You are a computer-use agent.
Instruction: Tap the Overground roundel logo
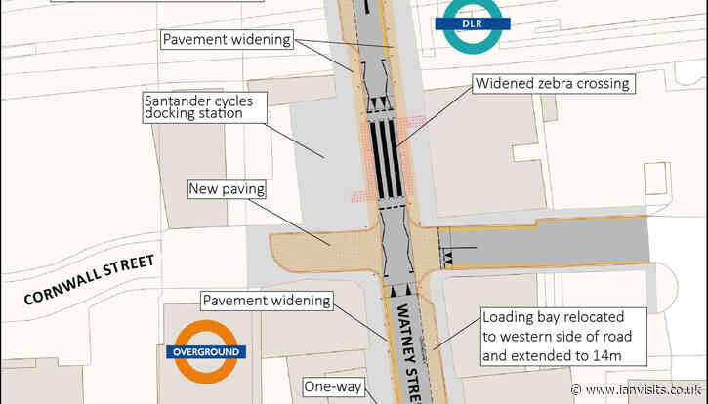coord(203,351)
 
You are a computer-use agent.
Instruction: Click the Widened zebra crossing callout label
coord(552,84)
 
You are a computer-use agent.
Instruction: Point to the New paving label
coord(223,187)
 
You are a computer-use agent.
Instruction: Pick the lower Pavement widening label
coord(267,300)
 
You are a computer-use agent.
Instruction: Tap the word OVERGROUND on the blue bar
coord(203,351)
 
